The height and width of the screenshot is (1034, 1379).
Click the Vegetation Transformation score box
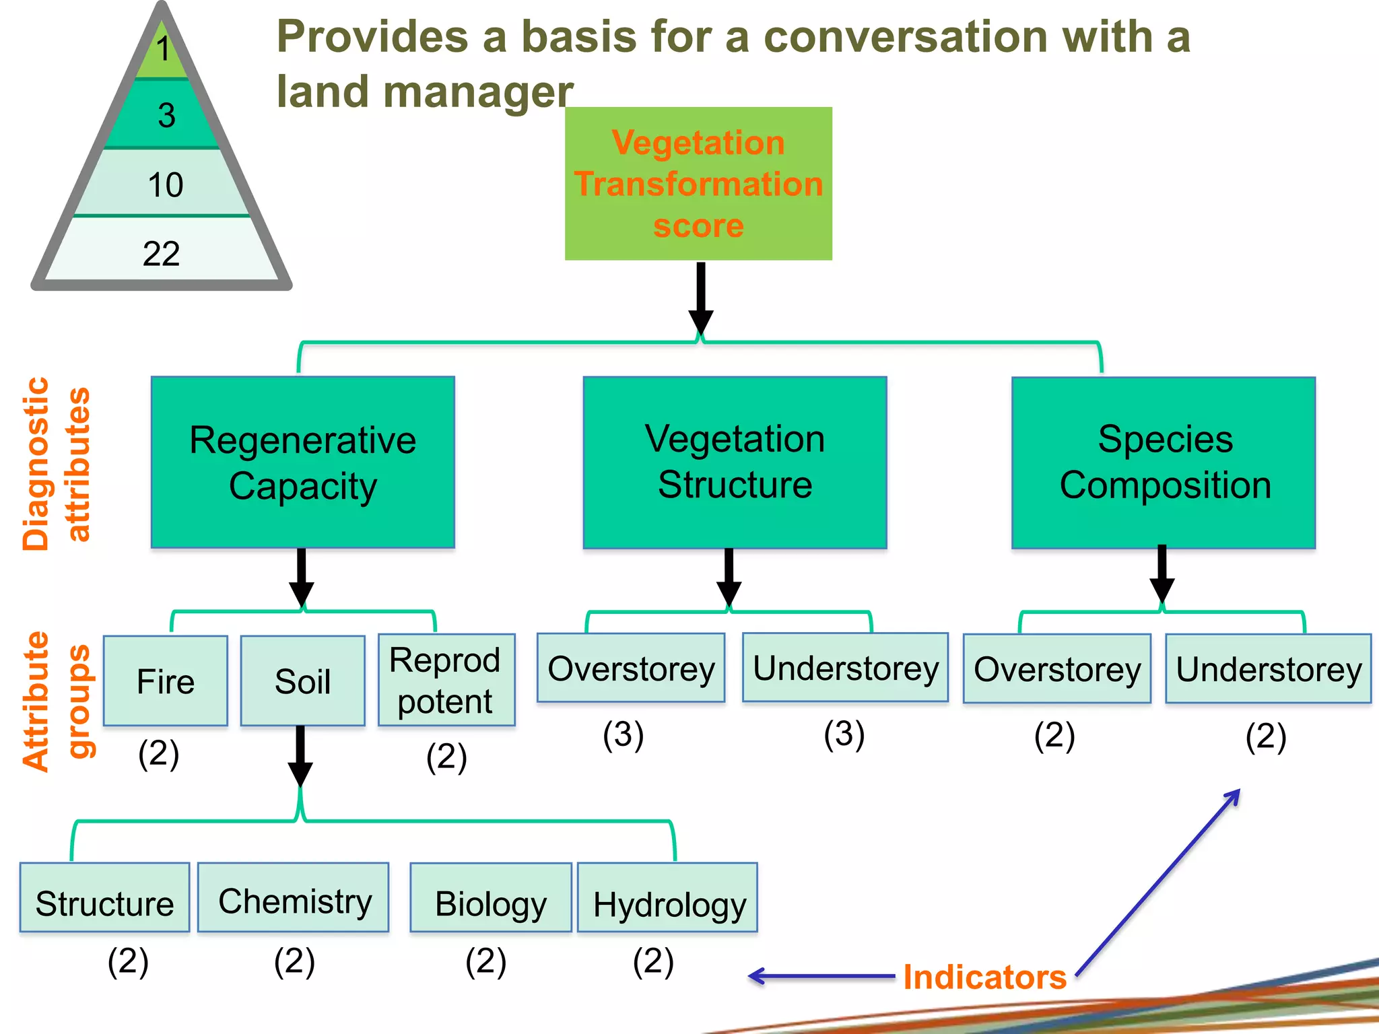698,183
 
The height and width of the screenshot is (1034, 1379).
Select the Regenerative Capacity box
303,462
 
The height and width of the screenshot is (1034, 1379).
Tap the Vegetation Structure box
735,462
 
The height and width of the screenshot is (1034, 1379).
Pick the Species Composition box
1164,463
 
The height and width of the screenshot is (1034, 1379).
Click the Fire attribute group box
166,681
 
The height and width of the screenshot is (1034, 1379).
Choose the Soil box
303,681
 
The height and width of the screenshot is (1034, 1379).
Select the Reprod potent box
446,680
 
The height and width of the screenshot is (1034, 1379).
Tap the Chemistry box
294,897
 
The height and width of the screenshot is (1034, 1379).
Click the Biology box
491,897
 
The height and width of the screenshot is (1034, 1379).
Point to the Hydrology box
667,897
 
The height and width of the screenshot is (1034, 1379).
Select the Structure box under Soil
104,897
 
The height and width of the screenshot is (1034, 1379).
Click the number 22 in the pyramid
162,254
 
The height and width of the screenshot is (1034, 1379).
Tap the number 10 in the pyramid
165,184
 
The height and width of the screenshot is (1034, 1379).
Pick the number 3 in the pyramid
167,115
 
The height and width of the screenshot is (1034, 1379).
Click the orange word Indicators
984,977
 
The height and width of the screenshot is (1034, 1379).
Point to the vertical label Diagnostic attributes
56,464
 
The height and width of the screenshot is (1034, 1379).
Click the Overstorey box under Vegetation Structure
631,668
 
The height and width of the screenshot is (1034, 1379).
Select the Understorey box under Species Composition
1269,668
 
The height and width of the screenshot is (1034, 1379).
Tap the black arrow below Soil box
300,756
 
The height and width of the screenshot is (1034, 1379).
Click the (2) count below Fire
159,753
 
